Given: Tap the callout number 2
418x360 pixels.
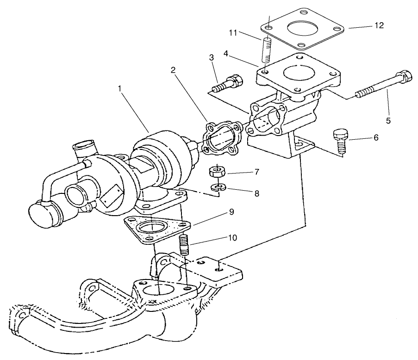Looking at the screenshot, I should click(x=173, y=70).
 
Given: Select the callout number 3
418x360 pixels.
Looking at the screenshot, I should click(x=211, y=57).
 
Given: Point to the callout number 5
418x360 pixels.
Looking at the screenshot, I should click(x=388, y=120).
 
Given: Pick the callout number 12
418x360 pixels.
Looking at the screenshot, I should click(x=379, y=25).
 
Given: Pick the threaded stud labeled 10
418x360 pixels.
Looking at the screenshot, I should click(x=185, y=245).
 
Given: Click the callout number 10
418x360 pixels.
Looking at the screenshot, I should click(x=232, y=238).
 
